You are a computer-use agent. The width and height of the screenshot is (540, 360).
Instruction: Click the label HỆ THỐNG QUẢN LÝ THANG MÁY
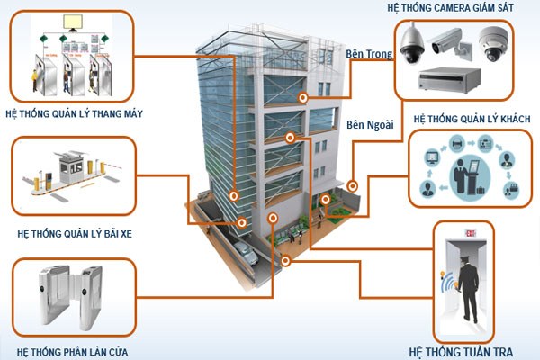pos(74,114)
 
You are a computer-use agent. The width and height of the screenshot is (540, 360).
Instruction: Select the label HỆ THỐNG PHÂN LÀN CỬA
pos(71,351)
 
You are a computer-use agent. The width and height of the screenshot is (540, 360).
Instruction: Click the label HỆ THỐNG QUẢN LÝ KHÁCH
pos(472,119)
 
